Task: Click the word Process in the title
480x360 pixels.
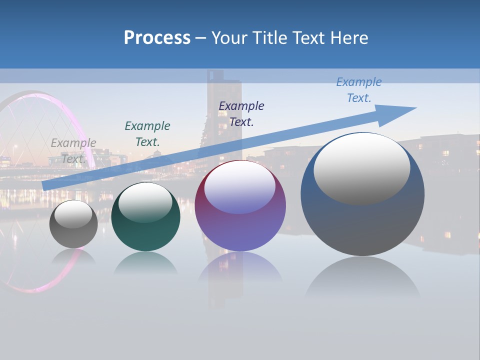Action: pos(157,38)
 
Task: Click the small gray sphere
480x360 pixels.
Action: pos(73,224)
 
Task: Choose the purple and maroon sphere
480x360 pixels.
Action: pos(240,206)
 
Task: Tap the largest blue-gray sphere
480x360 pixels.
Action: pos(362,195)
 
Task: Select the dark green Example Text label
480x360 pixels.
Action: pos(147,134)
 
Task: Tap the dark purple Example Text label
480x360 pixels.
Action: pos(241,113)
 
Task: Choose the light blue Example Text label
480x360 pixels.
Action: pos(359,90)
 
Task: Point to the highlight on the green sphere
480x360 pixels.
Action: pos(145,203)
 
